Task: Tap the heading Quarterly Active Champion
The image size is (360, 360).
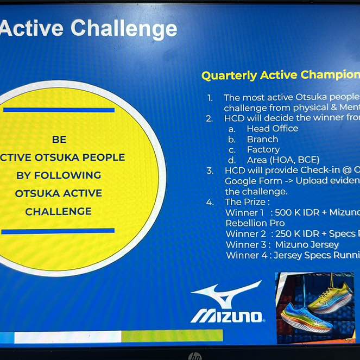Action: click(280, 75)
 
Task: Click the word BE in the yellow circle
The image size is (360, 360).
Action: click(59, 140)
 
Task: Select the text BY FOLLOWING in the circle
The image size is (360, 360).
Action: click(59, 175)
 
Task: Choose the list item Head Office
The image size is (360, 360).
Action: click(272, 129)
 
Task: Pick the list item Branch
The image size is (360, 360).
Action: click(262, 139)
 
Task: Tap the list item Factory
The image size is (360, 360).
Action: click(263, 149)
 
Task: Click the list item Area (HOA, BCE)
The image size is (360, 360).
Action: click(283, 160)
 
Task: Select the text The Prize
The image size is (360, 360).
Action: click(247, 202)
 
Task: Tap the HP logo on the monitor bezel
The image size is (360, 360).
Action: click(194, 356)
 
